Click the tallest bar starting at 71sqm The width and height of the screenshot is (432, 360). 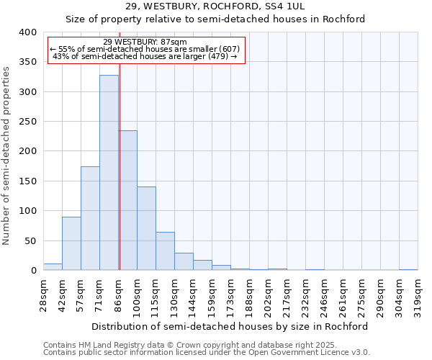(109, 173)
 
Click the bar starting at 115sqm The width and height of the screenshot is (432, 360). (165, 251)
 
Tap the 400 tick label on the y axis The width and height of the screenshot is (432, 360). (28, 32)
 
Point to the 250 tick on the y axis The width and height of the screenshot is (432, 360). (28, 122)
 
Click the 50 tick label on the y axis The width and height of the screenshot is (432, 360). (31, 240)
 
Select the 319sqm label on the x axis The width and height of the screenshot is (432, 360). (418, 292)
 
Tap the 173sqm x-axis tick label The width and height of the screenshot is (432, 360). (230, 292)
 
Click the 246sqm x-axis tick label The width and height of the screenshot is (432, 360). (324, 292)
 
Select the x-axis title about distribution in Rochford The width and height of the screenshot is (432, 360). (230, 326)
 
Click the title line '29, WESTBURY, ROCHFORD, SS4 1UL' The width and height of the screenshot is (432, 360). (215, 6)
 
